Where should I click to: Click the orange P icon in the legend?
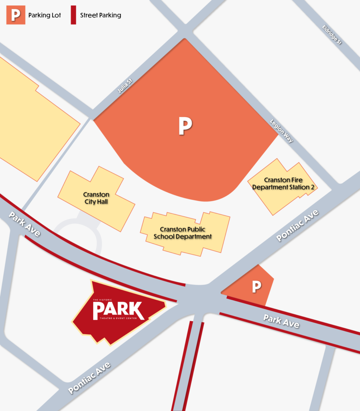pos(16,15)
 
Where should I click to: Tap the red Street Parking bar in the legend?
pos(73,15)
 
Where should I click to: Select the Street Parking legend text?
pos(100,16)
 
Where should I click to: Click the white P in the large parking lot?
pos(185,126)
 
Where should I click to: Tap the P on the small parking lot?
pos(256,287)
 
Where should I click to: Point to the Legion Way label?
pos(282,131)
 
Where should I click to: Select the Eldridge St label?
pos(332,35)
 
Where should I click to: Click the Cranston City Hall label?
pos(97,197)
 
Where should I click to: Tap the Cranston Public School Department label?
pos(183,233)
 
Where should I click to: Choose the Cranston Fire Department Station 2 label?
pos(284,184)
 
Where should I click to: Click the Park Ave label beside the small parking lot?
pos(281,321)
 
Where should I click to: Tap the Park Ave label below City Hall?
pos(24,224)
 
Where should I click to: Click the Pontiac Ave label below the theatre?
pos(89,378)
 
